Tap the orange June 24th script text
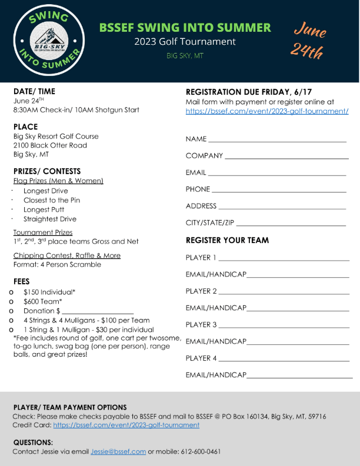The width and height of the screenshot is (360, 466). click(x=309, y=41)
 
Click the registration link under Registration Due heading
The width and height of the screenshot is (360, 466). click(x=267, y=111)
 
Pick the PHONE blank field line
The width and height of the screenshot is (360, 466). click(x=279, y=190)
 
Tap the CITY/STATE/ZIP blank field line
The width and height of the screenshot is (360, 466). click(x=290, y=224)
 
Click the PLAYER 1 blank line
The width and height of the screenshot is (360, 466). click(x=284, y=258)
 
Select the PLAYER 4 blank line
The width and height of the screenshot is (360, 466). click(x=284, y=359)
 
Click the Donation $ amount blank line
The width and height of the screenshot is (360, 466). click(x=98, y=311)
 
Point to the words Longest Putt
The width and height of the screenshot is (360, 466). click(x=45, y=209)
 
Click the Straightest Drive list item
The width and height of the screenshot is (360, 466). click(x=50, y=219)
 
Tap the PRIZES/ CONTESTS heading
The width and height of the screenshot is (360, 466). click(x=46, y=171)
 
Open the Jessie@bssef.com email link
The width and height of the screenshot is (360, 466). click(x=118, y=451)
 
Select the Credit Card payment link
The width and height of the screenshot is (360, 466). click(x=126, y=425)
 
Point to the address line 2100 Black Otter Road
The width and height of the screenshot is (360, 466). click(x=50, y=145)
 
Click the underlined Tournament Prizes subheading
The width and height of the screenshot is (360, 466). click(x=43, y=232)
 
